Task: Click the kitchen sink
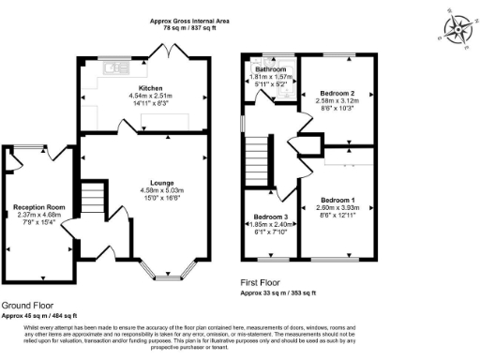coord(118,67)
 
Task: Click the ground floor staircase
coord(91,200)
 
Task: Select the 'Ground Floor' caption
coord(27,306)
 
